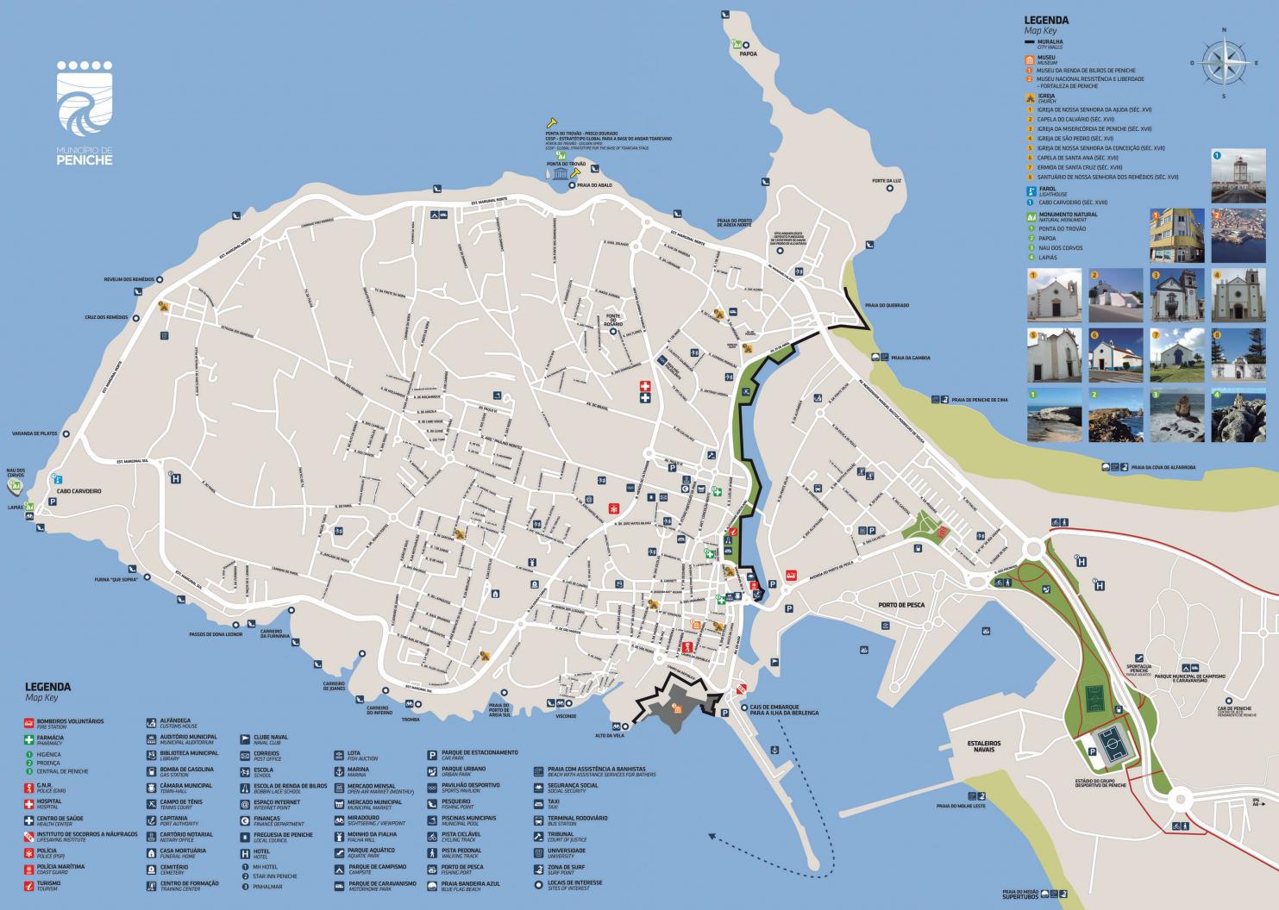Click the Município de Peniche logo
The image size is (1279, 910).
pos(85,112)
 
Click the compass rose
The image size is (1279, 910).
pos(1224,62)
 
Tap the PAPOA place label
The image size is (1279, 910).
pos(747,53)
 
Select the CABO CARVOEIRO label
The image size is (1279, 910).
pos(79,490)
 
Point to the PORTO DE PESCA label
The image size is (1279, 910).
pos(901,605)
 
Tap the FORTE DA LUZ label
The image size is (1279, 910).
pos(886,180)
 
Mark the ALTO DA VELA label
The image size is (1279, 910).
pos(610,735)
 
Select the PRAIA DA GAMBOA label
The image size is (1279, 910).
pos(911,357)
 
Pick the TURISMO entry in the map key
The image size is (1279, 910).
pos(48,884)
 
